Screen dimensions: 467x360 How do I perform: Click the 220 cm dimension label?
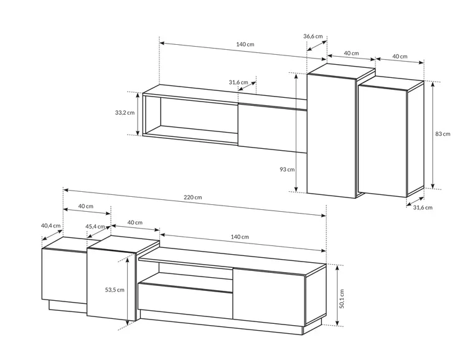pyautogui.click(x=192, y=197)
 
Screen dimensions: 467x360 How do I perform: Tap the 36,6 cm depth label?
pyautogui.click(x=313, y=36)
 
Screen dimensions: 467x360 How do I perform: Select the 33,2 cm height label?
pyautogui.click(x=125, y=113)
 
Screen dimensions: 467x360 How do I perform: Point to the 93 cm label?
pyautogui.click(x=287, y=169)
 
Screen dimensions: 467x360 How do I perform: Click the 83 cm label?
pyautogui.click(x=443, y=134)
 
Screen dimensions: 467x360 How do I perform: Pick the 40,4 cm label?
pyautogui.click(x=50, y=225)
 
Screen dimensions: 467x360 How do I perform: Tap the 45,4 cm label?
pyautogui.click(x=95, y=227)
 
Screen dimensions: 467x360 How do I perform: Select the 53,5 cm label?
pyautogui.click(x=115, y=290)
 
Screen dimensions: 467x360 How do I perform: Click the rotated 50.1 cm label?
pyautogui.click(x=342, y=298)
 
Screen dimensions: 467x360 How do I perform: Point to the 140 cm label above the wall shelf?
pyautogui.click(x=245, y=44)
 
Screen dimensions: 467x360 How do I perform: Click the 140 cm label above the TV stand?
pyautogui.click(x=240, y=237)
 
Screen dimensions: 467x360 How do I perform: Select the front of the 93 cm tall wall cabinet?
pyautogui.click(x=331, y=136)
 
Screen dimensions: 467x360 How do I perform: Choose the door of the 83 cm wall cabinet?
pyautogui.click(x=383, y=141)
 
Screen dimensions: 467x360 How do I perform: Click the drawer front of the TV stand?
pyautogui.click(x=185, y=301)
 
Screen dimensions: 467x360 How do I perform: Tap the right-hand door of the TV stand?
pyautogui.click(x=269, y=297)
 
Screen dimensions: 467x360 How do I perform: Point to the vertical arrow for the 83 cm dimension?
pyautogui.click(x=433, y=135)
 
